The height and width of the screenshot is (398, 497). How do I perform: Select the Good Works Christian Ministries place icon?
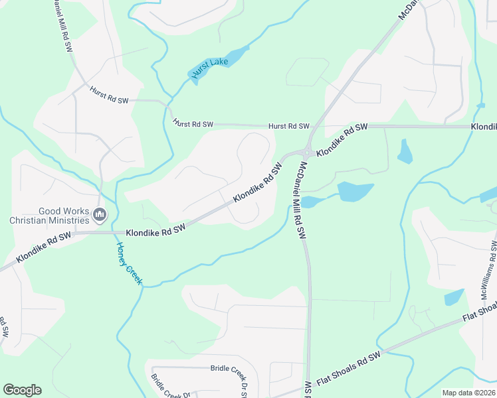click(x=100, y=214)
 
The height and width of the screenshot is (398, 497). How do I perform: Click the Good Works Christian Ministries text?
click(x=50, y=216)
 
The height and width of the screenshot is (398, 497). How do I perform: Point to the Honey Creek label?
click(x=130, y=263)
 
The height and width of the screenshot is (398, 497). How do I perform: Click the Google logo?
click(x=22, y=390)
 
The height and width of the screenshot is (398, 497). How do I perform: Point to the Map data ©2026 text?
click(x=468, y=393)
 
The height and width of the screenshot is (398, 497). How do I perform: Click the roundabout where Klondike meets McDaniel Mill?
click(x=308, y=151)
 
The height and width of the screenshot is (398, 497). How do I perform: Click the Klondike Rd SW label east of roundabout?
click(x=342, y=140)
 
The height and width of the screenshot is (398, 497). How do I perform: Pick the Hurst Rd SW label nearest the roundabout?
click(x=289, y=126)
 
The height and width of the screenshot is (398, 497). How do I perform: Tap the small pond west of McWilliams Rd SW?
click(x=454, y=297)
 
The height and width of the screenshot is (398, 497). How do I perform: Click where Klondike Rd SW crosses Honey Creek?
click(x=116, y=233)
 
